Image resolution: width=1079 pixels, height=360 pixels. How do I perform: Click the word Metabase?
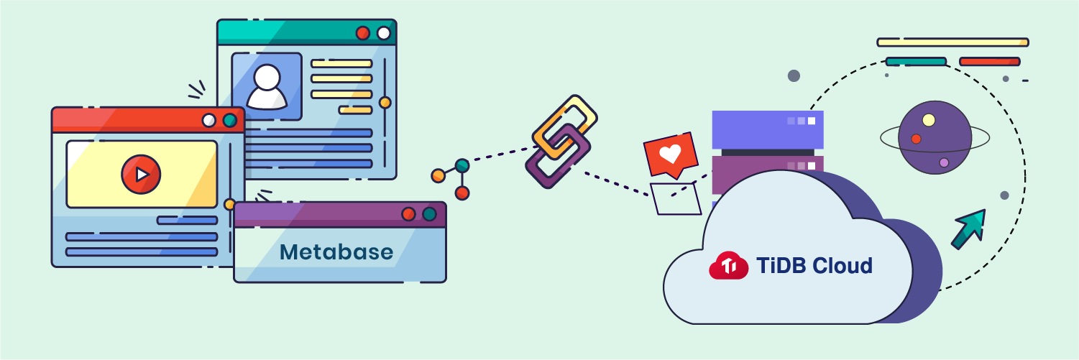pos(336,252)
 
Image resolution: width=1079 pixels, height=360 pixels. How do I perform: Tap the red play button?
pos(141,174)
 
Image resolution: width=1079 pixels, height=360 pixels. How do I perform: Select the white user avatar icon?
pos(267,87)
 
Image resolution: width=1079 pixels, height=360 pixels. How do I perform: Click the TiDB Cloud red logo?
pos(728,265)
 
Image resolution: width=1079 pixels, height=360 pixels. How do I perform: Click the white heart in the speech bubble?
pos(670,154)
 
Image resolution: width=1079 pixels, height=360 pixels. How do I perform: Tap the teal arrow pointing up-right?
pos(969,229)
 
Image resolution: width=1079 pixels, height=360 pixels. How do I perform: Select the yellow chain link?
pos(565,126)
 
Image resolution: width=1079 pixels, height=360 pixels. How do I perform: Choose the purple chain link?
pos(558,157)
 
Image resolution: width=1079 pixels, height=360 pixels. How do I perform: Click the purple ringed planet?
pos(935,138)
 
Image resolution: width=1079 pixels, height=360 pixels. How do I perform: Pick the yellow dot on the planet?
pos(929,120)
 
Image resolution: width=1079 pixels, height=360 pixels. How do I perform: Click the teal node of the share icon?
pos(462,165)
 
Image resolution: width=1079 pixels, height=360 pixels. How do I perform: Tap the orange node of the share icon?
pos(439,175)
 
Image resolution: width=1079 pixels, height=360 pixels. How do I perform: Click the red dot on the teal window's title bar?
pos(363,33)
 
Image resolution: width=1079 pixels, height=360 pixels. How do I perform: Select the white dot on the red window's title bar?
pos(208,120)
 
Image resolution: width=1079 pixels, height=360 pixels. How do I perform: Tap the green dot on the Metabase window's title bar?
pos(429,214)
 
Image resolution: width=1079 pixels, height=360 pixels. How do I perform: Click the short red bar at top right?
pos(989,62)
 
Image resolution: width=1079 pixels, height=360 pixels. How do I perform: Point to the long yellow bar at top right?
pos(952,42)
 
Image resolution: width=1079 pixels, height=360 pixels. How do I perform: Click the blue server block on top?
pos(768,129)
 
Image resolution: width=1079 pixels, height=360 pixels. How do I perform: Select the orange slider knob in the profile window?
pos(385,102)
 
